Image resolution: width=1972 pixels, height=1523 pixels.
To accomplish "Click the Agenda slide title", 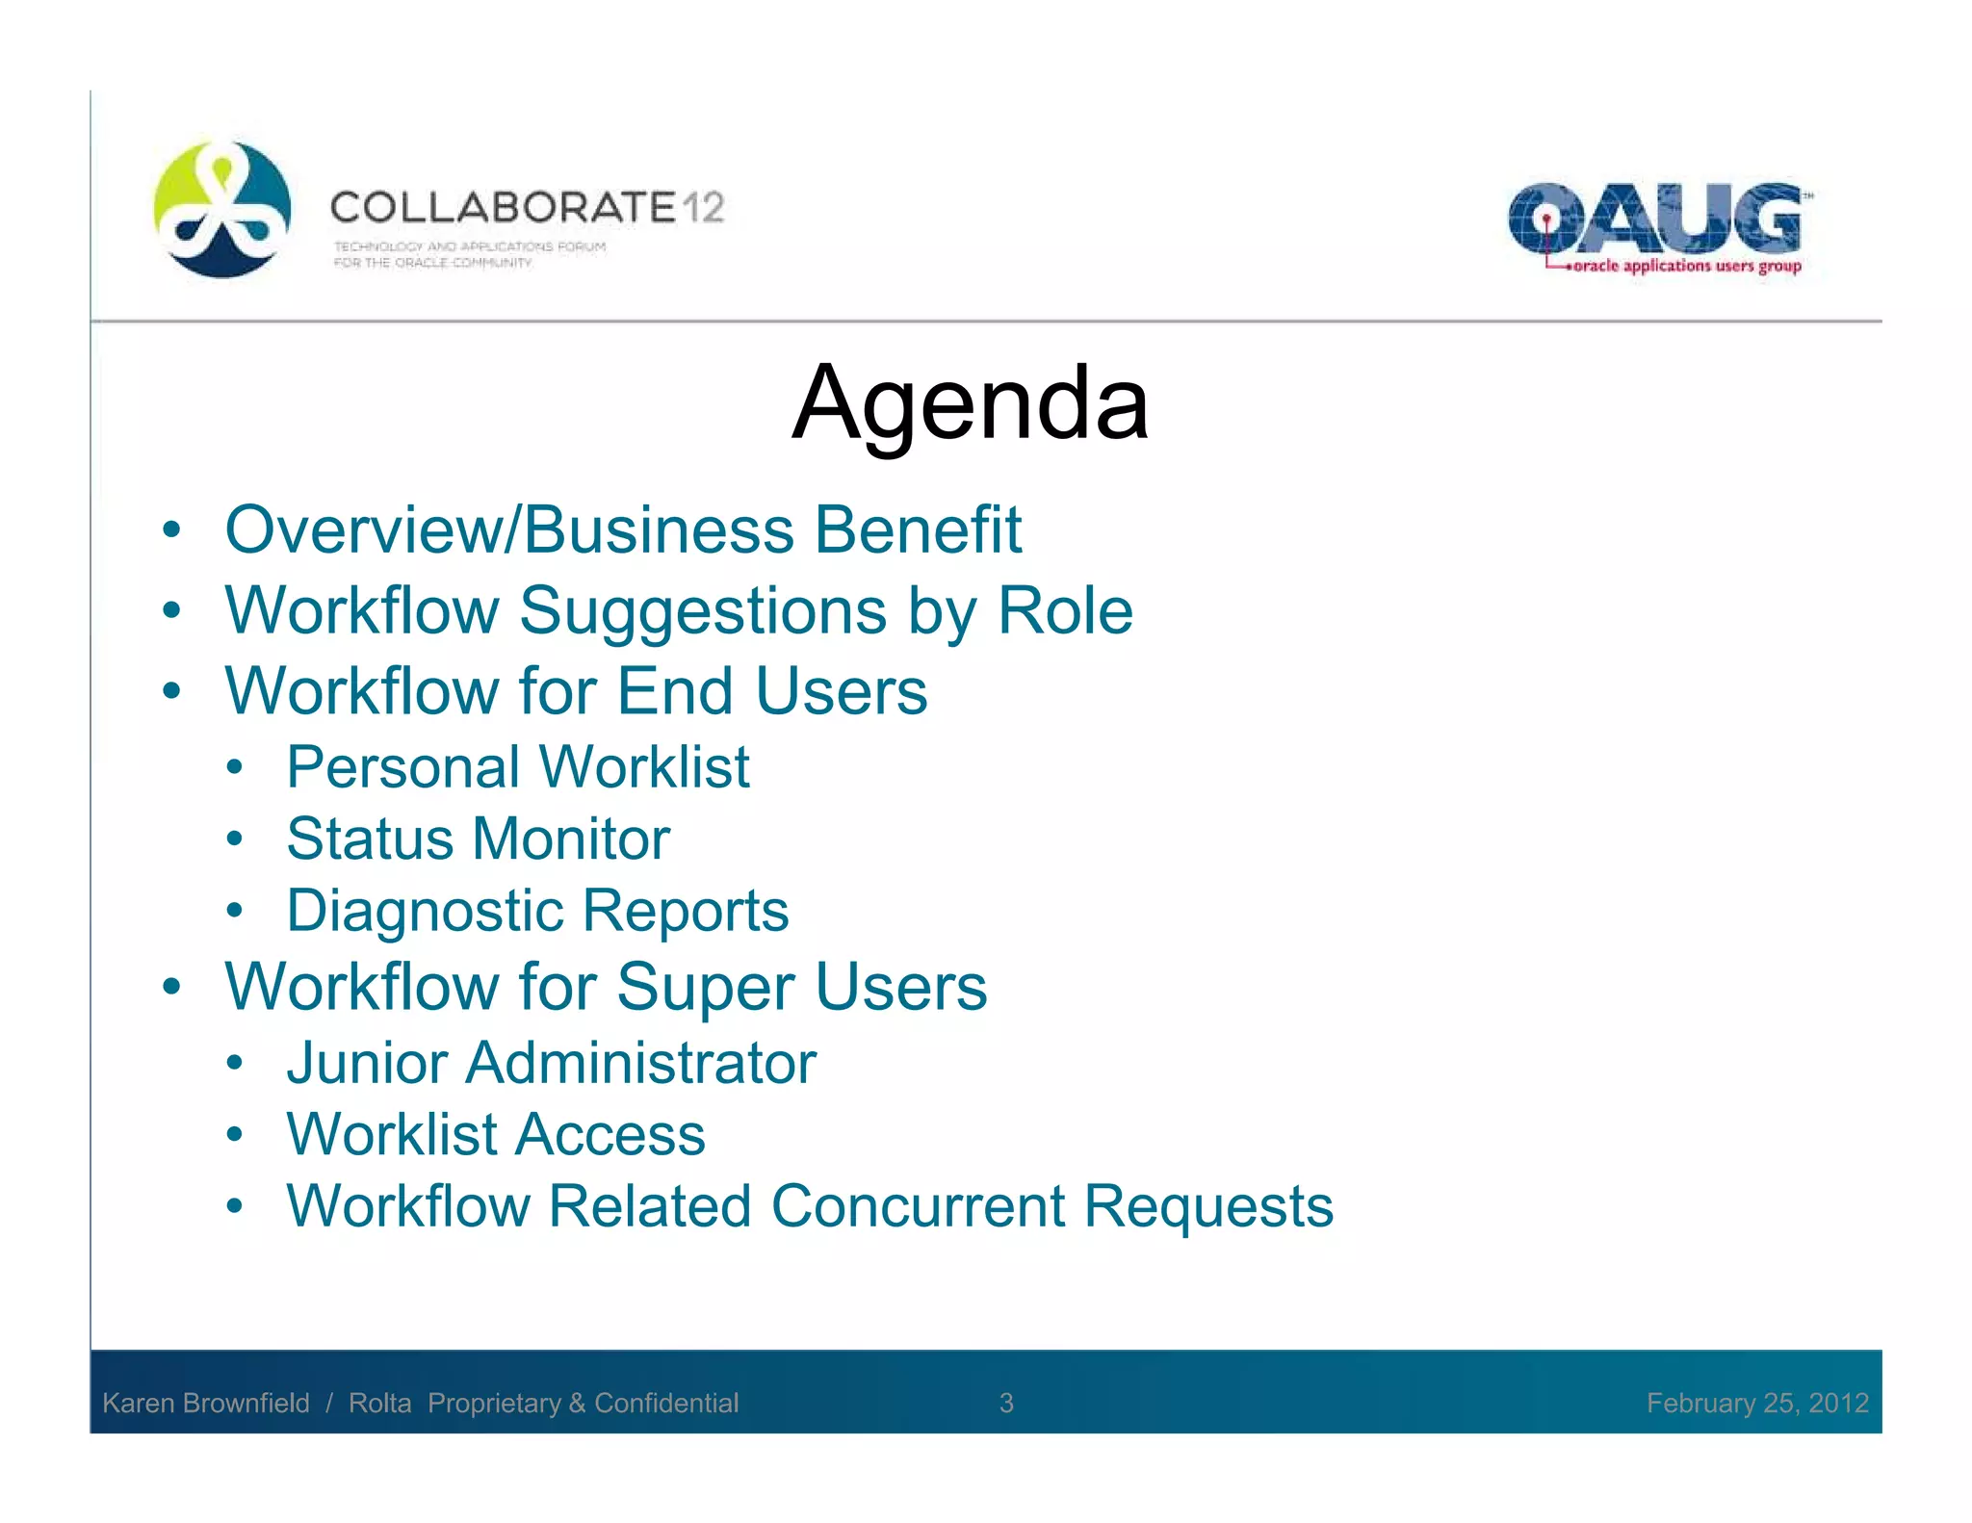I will pyautogui.click(x=970, y=403).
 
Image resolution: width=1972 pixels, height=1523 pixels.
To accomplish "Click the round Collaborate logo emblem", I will pyautogui.click(x=222, y=209).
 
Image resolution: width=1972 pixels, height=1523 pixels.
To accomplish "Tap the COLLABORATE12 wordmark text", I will pyautogui.click(x=527, y=208).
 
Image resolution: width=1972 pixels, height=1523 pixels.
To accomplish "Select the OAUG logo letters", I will pyautogui.click(x=1654, y=218).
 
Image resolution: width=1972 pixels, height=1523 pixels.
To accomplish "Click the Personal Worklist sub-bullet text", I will pyautogui.click(x=517, y=767).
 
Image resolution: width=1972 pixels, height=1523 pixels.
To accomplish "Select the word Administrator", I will pyautogui.click(x=640, y=1063).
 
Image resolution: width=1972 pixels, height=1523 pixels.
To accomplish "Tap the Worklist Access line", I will pyautogui.click(x=496, y=1134).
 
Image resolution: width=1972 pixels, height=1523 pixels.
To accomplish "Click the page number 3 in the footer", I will pyautogui.click(x=1006, y=1403).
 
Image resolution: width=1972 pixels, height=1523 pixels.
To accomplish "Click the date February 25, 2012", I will pyautogui.click(x=1756, y=1403).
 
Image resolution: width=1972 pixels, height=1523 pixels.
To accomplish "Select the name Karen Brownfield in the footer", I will pyautogui.click(x=206, y=1403).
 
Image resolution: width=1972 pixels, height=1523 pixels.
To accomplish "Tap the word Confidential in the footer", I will pyautogui.click(x=666, y=1403).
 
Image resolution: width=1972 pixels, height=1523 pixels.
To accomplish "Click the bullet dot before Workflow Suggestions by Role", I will pyautogui.click(x=171, y=610).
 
